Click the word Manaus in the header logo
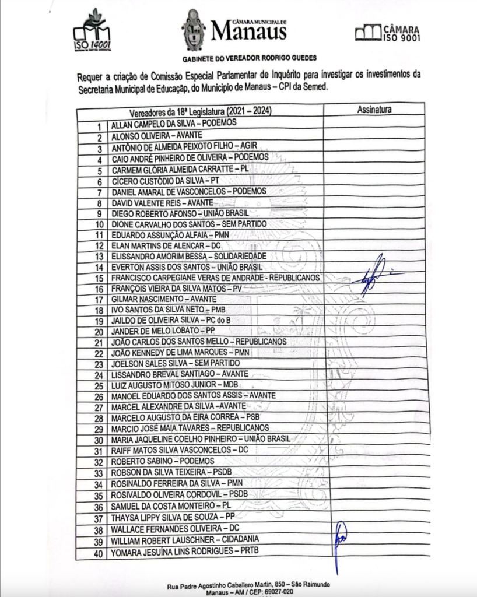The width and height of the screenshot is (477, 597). coord(248,31)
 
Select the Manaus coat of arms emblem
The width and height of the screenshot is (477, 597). coord(194,30)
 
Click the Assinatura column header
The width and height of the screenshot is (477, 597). coord(374,110)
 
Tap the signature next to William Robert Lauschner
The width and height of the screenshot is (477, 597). coord(339,542)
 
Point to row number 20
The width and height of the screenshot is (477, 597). coord(98,331)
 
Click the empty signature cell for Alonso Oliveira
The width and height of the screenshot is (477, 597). coord(373,136)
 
